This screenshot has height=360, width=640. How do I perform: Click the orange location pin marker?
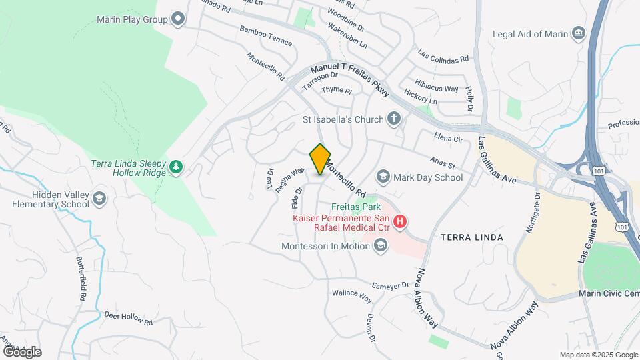tap(321, 159)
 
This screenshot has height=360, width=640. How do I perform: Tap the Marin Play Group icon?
tap(177, 19)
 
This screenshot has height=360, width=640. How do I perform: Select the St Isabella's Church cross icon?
tap(394, 119)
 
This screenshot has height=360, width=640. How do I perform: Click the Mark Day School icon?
tap(383, 177)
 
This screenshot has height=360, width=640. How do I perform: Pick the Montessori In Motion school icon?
tap(380, 246)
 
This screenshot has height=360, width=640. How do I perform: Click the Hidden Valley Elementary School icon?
tap(99, 198)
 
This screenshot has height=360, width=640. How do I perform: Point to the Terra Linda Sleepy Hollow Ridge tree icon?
tap(176, 167)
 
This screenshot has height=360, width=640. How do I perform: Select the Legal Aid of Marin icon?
tap(578, 33)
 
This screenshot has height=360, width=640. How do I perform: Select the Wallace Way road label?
tap(351, 293)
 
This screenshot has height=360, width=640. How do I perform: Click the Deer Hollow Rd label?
tap(128, 317)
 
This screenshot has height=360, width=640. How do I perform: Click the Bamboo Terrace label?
tap(266, 37)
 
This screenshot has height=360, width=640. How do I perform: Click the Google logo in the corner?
tap(21, 351)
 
